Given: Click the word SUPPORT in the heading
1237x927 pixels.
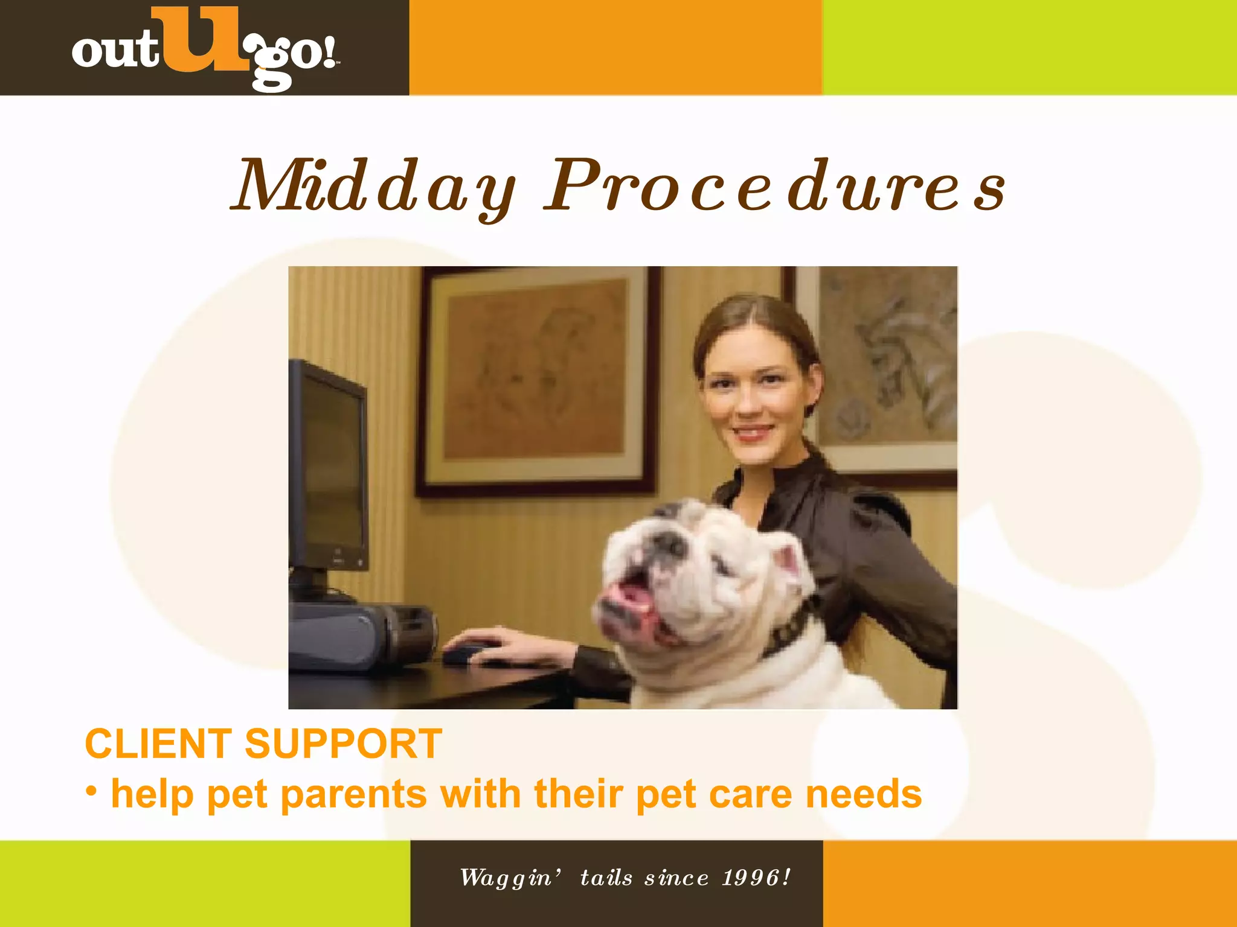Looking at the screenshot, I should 343,744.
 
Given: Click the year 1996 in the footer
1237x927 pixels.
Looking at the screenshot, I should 750,878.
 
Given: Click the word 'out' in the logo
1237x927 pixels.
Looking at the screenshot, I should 115,51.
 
